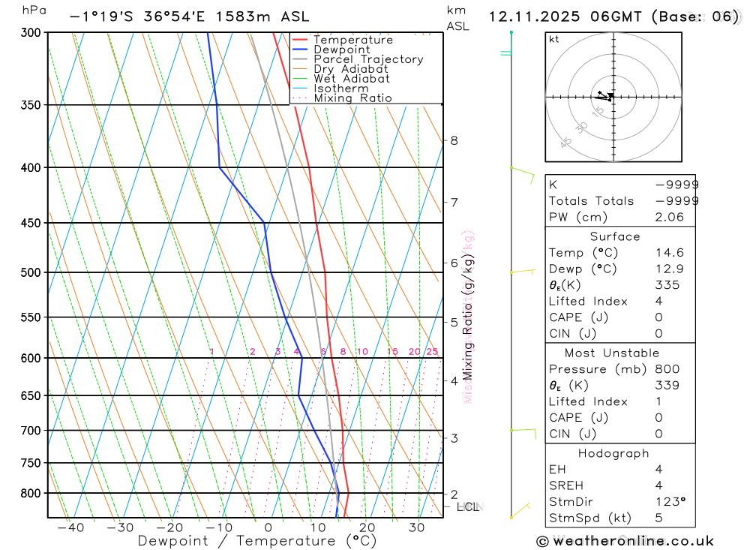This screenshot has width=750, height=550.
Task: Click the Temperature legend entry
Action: [x=352, y=40]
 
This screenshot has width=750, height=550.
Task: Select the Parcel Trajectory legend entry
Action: [x=367, y=59]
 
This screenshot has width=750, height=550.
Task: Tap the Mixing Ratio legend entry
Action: [x=352, y=98]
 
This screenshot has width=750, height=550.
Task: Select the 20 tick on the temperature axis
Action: [x=367, y=527]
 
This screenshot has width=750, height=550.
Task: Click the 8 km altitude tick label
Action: [x=454, y=140]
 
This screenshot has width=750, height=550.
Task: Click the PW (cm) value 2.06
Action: [x=670, y=217]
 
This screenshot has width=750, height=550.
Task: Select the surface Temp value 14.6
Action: [x=670, y=253]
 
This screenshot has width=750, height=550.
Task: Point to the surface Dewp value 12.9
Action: [x=670, y=269]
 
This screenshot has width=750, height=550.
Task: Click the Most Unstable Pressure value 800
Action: [x=667, y=369]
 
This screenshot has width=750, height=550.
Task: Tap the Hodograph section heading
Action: [x=614, y=453]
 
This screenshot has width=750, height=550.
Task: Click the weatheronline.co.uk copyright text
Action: [x=625, y=541]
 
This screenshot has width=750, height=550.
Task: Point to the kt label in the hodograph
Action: [x=554, y=40]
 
